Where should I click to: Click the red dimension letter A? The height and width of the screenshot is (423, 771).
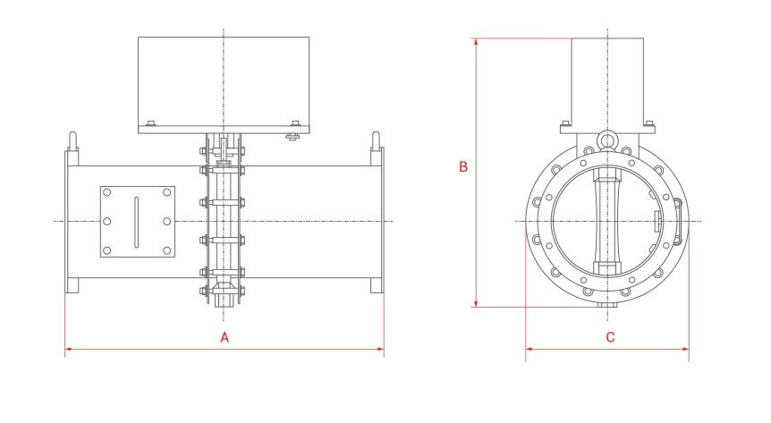point(225,337)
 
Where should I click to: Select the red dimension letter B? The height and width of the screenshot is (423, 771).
point(463,166)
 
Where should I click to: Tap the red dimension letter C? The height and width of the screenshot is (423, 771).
point(610,337)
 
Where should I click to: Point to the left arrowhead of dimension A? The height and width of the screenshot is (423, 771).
point(69,349)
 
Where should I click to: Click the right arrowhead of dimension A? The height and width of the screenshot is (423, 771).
point(380,349)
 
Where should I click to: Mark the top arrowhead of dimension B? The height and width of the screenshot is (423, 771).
point(476,42)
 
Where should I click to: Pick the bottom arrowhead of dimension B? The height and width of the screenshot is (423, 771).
point(476,303)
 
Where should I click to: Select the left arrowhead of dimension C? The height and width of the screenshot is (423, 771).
point(530,349)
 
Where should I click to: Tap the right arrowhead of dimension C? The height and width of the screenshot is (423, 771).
point(685,349)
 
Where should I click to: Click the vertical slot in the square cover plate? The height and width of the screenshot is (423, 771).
point(137,222)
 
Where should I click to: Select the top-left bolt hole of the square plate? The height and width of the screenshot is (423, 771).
point(107,193)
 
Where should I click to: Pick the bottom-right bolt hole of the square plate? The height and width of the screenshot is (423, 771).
point(167,250)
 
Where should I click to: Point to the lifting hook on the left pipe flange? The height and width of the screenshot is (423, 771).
point(72,141)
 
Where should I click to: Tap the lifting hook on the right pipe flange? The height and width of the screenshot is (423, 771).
point(377,141)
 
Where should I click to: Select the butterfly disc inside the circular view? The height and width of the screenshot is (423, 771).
point(607,222)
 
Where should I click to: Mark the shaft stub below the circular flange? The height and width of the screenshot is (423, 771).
point(607,305)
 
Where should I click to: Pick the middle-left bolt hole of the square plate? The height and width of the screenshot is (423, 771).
point(107,222)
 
